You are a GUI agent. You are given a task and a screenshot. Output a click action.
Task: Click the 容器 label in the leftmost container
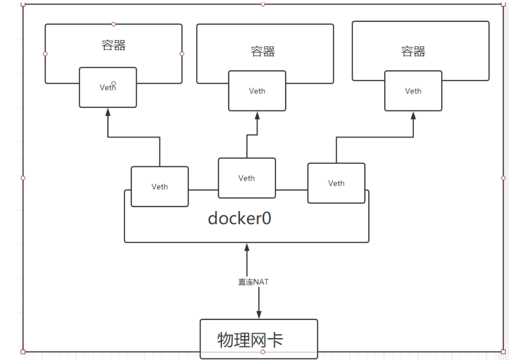pyautogui.click(x=113, y=46)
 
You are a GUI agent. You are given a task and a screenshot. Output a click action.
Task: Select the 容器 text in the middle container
pyautogui.click(x=262, y=51)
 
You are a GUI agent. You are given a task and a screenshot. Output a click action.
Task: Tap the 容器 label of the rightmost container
pyautogui.click(x=413, y=51)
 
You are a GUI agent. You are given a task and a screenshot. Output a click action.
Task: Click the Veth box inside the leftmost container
pyautogui.click(x=108, y=88)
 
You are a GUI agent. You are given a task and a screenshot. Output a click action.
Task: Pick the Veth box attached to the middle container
pyautogui.click(x=257, y=91)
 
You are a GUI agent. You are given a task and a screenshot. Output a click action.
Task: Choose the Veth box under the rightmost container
pyautogui.click(x=413, y=91)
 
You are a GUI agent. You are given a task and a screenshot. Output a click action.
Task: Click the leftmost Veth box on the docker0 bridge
pyautogui.click(x=159, y=187)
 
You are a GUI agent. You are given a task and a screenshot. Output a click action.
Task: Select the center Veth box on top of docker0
pyautogui.click(x=247, y=178)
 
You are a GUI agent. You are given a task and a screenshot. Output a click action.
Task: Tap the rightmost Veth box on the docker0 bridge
pyautogui.click(x=336, y=183)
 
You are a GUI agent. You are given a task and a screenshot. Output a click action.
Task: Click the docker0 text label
pyautogui.click(x=239, y=218)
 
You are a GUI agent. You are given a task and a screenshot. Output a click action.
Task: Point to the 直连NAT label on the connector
pyautogui.click(x=254, y=282)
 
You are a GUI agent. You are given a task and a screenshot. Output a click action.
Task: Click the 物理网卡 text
pyautogui.click(x=250, y=340)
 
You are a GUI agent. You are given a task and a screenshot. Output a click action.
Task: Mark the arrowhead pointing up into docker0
pyautogui.click(x=247, y=247)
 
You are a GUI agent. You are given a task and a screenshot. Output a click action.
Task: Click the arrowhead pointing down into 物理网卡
pyautogui.click(x=258, y=315)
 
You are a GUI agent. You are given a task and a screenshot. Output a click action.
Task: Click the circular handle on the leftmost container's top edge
pyautogui.click(x=113, y=24)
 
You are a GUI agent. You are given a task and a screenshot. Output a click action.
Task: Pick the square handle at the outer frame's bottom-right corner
pyautogui.click(x=504, y=352)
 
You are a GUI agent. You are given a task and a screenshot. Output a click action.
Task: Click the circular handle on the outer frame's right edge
pyautogui.click(x=504, y=177)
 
